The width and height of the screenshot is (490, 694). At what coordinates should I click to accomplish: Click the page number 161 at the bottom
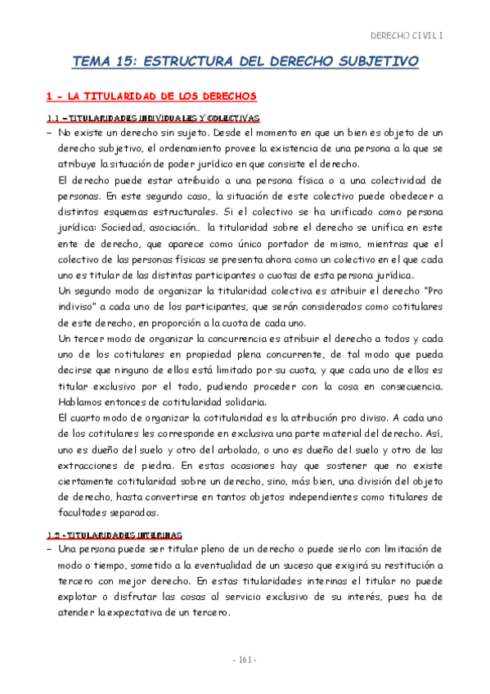tap(245, 660)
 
